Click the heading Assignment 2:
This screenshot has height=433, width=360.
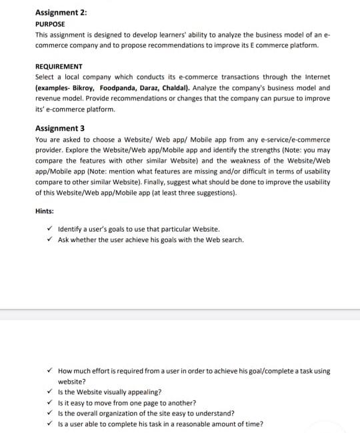(x=61, y=12)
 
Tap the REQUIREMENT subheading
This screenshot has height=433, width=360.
(x=59, y=67)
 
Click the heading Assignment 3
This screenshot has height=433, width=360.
(x=59, y=128)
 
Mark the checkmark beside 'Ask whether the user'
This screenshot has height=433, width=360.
(x=51, y=239)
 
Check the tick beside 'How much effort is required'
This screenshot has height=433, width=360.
(x=51, y=370)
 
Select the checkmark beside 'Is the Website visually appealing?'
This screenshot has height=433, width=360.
(x=51, y=392)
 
